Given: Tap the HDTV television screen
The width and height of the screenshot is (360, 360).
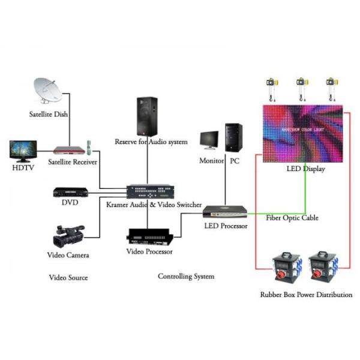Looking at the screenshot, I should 23,151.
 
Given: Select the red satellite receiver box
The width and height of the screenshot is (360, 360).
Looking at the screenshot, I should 67,149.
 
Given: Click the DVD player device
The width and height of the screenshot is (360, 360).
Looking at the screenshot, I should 71,193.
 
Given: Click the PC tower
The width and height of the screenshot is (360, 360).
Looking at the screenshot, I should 233,137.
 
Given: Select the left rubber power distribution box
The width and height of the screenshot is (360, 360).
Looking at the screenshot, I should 287,265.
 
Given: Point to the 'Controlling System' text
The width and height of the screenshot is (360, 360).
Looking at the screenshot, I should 185,277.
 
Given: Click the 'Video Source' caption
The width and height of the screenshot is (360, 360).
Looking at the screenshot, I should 68,278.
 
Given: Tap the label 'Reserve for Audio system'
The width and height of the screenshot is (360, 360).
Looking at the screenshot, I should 151,142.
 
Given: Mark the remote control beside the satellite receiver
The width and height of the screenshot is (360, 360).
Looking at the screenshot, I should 89,146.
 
